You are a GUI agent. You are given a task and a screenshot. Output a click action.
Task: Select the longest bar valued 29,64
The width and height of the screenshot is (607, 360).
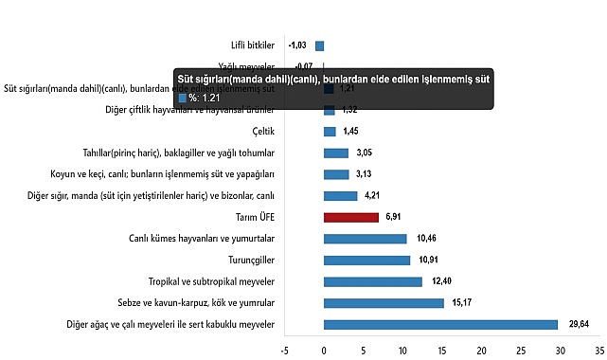(440, 325)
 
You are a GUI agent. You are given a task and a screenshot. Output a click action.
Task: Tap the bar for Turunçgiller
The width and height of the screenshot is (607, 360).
(366, 260)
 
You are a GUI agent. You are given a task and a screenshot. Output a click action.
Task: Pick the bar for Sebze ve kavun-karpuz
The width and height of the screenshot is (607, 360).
(384, 303)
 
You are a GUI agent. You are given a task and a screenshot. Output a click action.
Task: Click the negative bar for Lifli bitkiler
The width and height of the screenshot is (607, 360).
(320, 45)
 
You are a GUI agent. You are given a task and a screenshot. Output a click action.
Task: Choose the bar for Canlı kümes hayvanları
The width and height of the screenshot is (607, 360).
(365, 239)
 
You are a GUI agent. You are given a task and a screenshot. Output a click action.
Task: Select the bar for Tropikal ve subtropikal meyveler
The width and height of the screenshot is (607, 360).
(372, 281)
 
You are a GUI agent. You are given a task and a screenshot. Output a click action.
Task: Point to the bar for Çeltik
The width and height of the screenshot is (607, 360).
(330, 132)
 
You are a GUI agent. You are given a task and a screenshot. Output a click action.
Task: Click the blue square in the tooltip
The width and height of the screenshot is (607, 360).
(183, 97)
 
